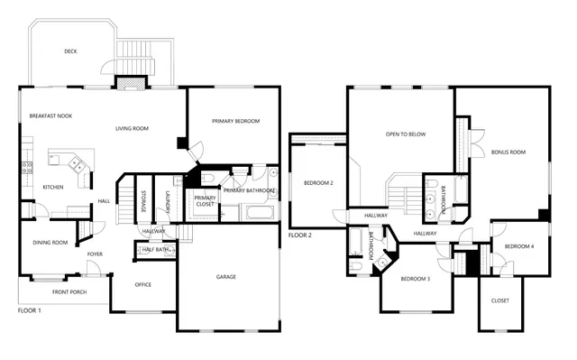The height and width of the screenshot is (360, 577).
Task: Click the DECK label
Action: (x=70, y=51)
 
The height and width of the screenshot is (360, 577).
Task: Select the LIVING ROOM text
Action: (x=132, y=129)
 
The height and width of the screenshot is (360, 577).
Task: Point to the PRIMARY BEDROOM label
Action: (x=236, y=121)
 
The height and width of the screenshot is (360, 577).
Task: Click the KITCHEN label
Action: (x=53, y=188)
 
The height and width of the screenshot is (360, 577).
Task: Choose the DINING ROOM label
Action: (x=50, y=242)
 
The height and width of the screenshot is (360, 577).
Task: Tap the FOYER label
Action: (x=95, y=254)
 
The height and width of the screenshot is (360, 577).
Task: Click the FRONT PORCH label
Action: (x=69, y=292)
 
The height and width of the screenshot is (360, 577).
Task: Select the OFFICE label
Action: (x=142, y=285)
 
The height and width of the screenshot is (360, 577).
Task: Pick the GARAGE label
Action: (x=225, y=276)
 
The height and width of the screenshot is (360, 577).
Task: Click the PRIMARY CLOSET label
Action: (x=205, y=200)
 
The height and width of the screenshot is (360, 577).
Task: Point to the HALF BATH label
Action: (x=154, y=249)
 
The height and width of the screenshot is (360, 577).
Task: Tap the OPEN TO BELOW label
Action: (x=406, y=134)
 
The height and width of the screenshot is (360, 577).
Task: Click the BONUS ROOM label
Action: (x=508, y=152)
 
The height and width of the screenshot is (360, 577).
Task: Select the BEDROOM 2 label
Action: (x=319, y=183)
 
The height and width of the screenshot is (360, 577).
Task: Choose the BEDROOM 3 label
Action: (x=416, y=279)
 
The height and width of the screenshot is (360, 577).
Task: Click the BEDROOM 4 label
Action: (x=519, y=246)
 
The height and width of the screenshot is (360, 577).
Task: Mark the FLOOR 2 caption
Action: (x=300, y=235)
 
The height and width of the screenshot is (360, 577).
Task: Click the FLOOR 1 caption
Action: (x=31, y=309)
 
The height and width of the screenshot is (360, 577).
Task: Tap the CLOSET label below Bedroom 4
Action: (x=499, y=300)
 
